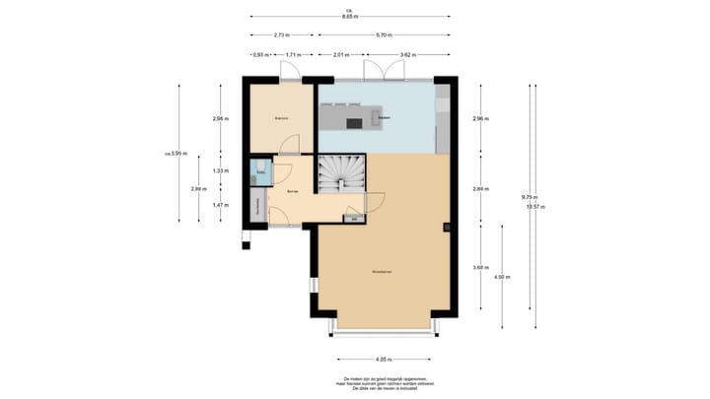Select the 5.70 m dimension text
click(381, 35)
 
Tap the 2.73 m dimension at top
click(281, 35)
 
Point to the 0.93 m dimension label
click(259, 55)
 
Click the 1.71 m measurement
click(293, 55)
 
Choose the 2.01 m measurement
click(340, 55)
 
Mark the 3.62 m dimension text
click(405, 55)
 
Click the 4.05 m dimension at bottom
click(384, 360)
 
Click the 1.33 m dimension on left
click(220, 170)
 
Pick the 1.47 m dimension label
click(220, 205)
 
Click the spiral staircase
click(341, 174)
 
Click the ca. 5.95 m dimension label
click(177, 153)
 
